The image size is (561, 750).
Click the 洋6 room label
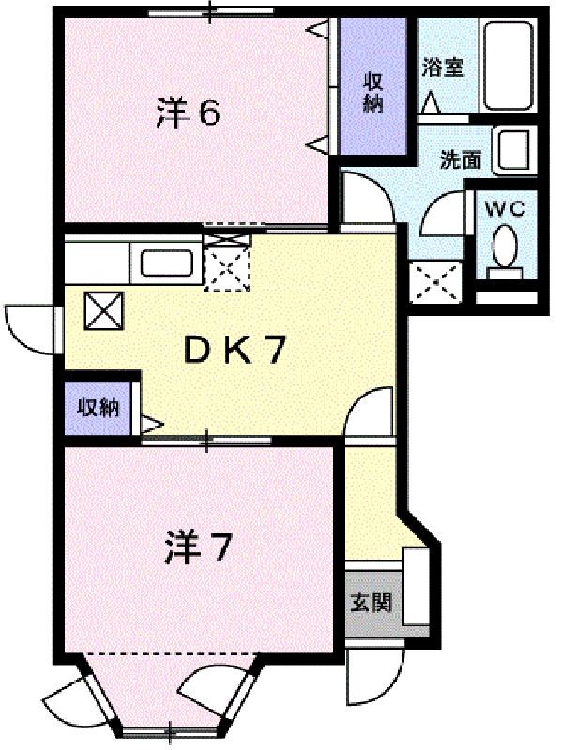pyautogui.click(x=188, y=112)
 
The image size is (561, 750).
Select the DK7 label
pyautogui.click(x=235, y=350)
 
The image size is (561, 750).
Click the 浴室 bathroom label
pyautogui.click(x=443, y=67)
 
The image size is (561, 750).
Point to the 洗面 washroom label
pyautogui.click(x=461, y=159)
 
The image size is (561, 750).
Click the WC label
pyautogui.click(x=505, y=209)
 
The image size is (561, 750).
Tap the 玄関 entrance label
pyautogui.click(x=371, y=602)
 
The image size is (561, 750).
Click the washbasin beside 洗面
pyautogui.click(x=514, y=149)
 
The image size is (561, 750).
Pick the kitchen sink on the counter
pyautogui.click(x=167, y=262)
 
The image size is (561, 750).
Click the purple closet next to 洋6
pyautogui.click(x=371, y=85)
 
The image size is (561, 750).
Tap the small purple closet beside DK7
pyautogui.click(x=99, y=408)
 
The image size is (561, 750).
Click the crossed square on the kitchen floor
pyautogui.click(x=104, y=311)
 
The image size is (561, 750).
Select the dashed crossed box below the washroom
pyautogui.click(x=436, y=282)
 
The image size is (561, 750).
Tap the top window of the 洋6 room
pyautogui.click(x=211, y=11)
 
